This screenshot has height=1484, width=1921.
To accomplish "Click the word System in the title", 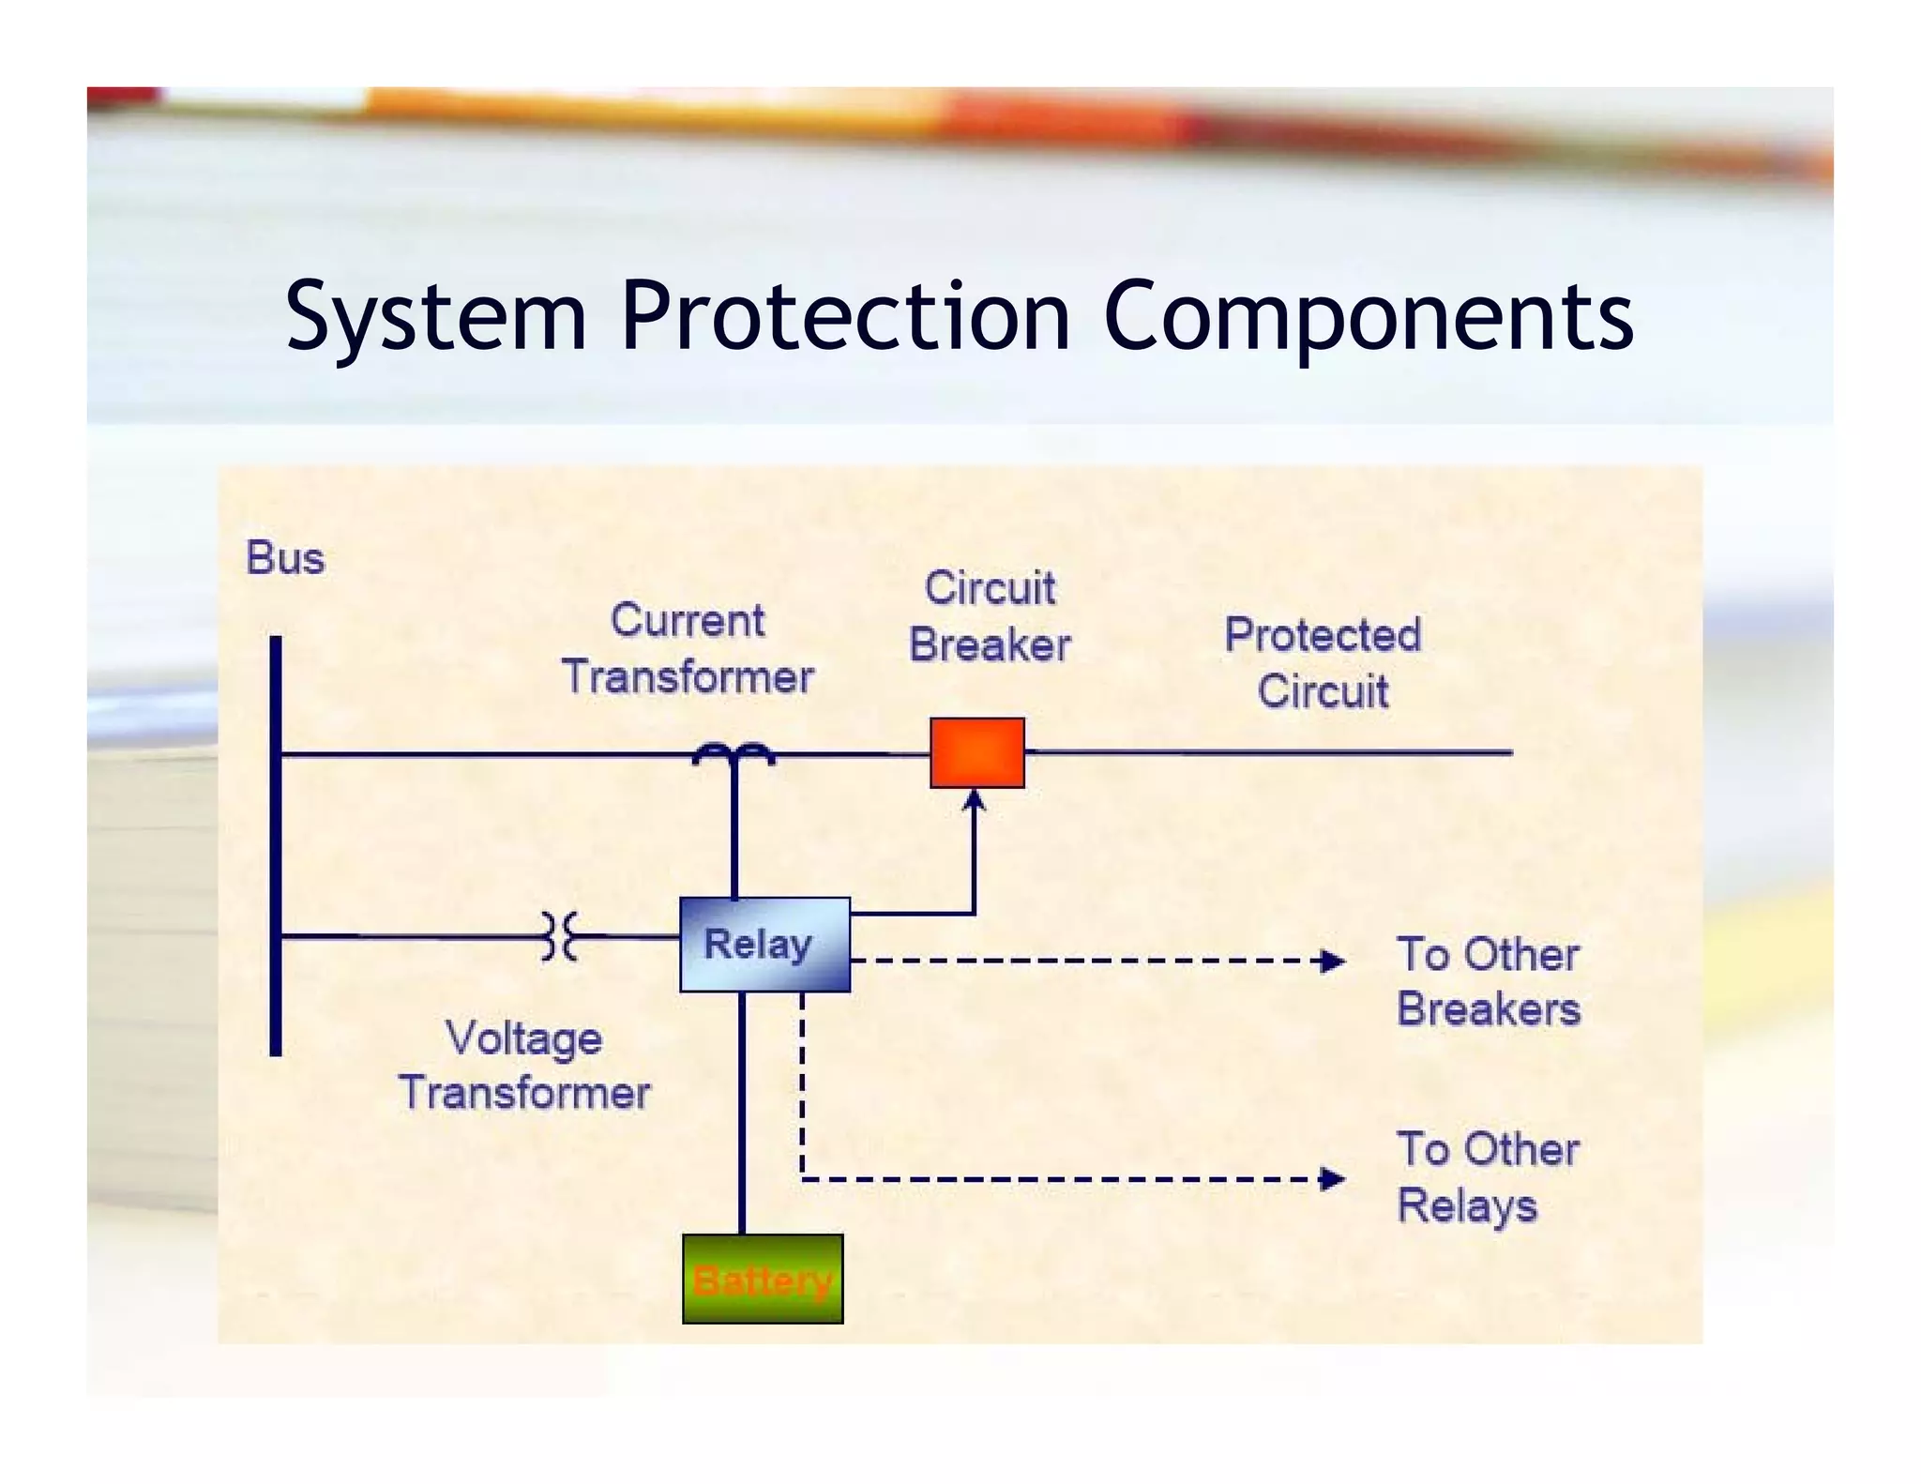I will tap(436, 317).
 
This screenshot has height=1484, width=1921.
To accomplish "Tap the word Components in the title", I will tap(1368, 317).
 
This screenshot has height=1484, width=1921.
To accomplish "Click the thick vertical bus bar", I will tap(276, 844).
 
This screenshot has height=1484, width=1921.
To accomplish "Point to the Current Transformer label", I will tap(688, 648).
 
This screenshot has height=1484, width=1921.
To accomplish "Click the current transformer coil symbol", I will tap(733, 752).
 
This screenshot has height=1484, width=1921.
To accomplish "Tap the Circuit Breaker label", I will tap(990, 616).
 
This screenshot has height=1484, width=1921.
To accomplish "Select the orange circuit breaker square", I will tap(976, 752).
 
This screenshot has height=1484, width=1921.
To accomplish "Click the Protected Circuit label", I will tap(1323, 662).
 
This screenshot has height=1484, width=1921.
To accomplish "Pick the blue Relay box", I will tap(764, 944).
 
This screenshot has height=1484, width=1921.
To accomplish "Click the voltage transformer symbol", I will tap(560, 935).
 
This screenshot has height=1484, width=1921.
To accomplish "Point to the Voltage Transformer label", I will tap(524, 1065).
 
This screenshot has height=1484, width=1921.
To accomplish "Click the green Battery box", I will tap(763, 1279).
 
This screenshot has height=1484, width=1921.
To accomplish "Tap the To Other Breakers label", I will tap(1488, 981).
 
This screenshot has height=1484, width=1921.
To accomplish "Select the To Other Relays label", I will tap(1488, 1176).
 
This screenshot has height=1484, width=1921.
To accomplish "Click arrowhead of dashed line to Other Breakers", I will tap(1332, 961).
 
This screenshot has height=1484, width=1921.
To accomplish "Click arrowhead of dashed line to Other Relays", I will tap(1332, 1178).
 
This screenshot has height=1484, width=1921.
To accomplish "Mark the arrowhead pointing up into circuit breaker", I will tap(975, 799).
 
